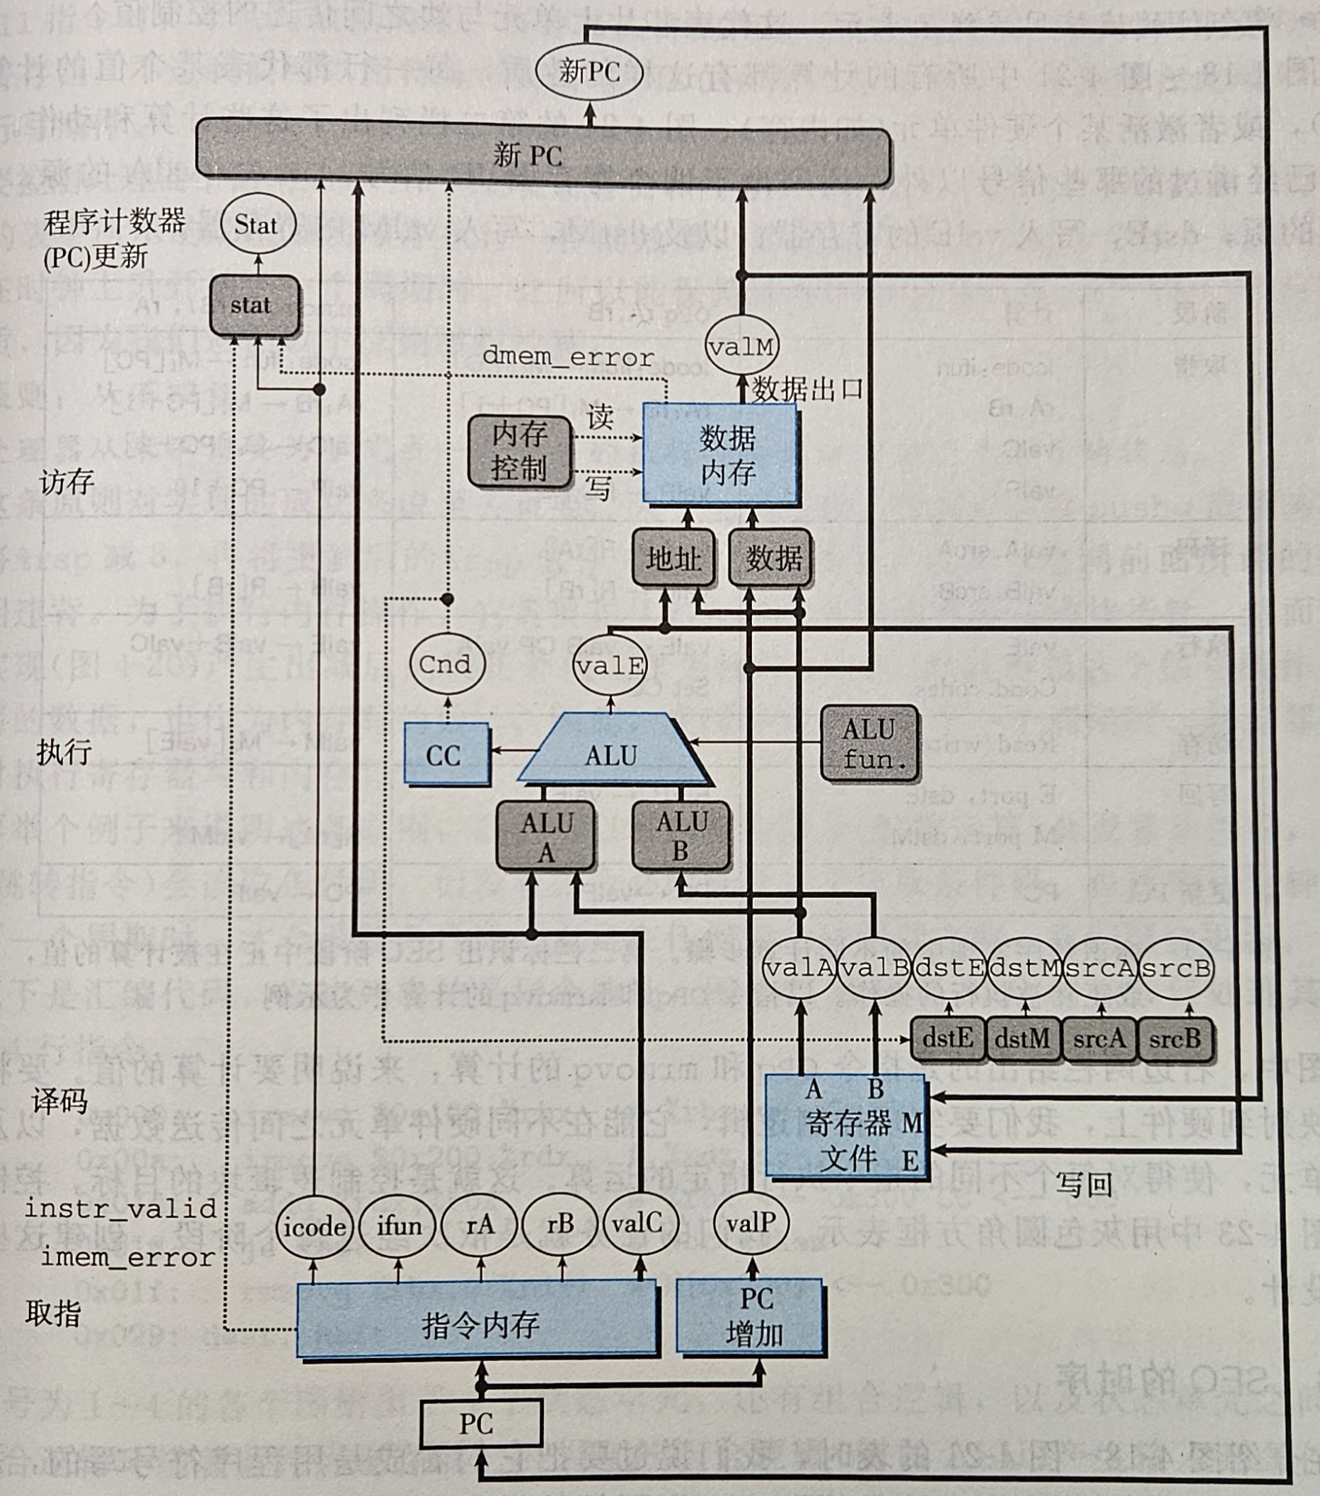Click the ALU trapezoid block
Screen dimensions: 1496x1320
click(x=611, y=754)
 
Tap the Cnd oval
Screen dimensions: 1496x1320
click(x=444, y=665)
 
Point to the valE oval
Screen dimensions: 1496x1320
click(x=610, y=665)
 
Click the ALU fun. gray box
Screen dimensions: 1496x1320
click(x=869, y=744)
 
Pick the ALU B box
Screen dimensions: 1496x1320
click(x=681, y=836)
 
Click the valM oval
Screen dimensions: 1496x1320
click(x=741, y=346)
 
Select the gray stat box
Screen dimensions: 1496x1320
click(x=254, y=305)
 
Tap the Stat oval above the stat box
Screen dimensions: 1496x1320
click(x=257, y=224)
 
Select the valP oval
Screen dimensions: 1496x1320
click(x=751, y=1224)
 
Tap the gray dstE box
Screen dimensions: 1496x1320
click(x=947, y=1039)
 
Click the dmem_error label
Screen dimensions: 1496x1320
click(x=568, y=357)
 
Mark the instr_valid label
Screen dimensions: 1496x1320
click(x=121, y=1208)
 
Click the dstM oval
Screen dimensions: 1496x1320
click(x=1024, y=969)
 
